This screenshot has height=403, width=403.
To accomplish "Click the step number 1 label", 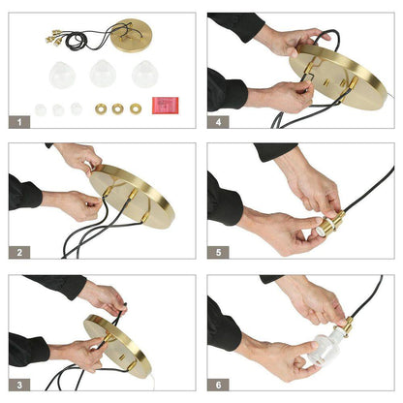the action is click(19, 122).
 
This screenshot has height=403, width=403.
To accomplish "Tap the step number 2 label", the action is click(19, 252).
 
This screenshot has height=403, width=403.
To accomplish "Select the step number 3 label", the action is click(19, 385).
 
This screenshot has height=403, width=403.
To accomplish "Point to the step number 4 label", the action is click(218, 122).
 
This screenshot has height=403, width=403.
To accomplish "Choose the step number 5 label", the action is click(218, 252).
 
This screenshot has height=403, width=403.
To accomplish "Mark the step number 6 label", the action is click(218, 385).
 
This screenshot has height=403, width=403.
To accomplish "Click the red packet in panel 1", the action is click(166, 106).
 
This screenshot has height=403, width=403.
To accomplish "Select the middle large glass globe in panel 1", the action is click(103, 74).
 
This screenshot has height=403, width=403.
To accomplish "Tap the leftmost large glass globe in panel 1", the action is click(62, 76).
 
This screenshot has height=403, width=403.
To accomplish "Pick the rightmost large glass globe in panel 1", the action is click(145, 74).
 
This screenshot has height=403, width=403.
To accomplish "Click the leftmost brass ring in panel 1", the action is click(101, 108).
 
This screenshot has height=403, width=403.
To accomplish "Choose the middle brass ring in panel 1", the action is click(118, 108).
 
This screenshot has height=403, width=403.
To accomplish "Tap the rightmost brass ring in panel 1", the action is click(136, 108).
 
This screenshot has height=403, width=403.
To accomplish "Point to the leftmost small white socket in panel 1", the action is click(41, 109).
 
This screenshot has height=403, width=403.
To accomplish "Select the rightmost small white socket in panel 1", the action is click(77, 108).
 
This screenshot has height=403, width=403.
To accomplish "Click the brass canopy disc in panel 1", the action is click(132, 36).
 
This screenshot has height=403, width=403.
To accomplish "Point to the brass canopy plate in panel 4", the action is click(338, 77).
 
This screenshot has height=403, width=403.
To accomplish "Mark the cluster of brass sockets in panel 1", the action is click(53, 38).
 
